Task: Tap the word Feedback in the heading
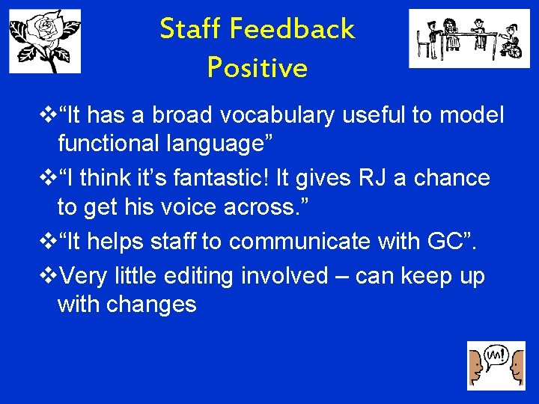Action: click(x=292, y=29)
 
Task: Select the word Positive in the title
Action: click(x=257, y=68)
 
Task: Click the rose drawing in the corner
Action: click(x=45, y=42)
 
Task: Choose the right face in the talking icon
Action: click(x=516, y=369)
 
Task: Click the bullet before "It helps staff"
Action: click(x=51, y=241)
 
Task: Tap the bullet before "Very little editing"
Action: click(x=51, y=276)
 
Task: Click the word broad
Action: click(x=182, y=115)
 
